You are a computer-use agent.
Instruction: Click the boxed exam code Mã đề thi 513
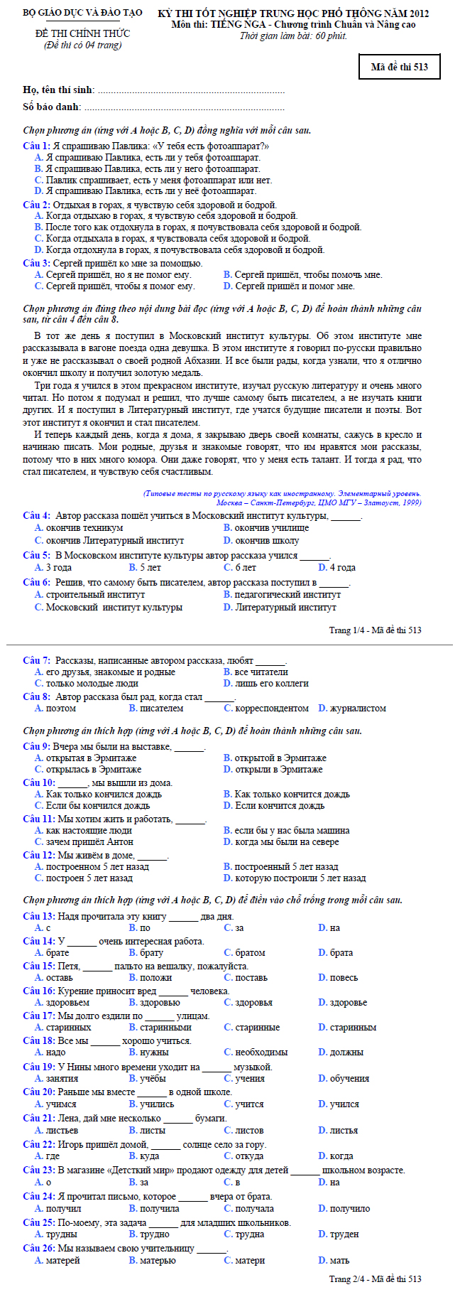[x=399, y=67]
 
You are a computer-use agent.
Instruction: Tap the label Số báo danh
[x=52, y=107]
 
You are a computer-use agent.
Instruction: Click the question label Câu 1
[x=35, y=146]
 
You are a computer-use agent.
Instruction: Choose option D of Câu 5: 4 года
[x=337, y=567]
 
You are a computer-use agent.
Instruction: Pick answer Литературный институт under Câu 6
[x=280, y=607]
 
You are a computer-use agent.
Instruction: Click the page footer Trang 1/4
[x=375, y=630]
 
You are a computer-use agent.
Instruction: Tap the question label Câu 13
[x=38, y=916]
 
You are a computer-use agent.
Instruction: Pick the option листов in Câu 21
[x=244, y=1130]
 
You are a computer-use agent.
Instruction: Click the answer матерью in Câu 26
[x=152, y=1260]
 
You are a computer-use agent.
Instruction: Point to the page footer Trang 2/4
[x=375, y=1278]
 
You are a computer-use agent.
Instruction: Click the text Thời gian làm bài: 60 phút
[x=293, y=36]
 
